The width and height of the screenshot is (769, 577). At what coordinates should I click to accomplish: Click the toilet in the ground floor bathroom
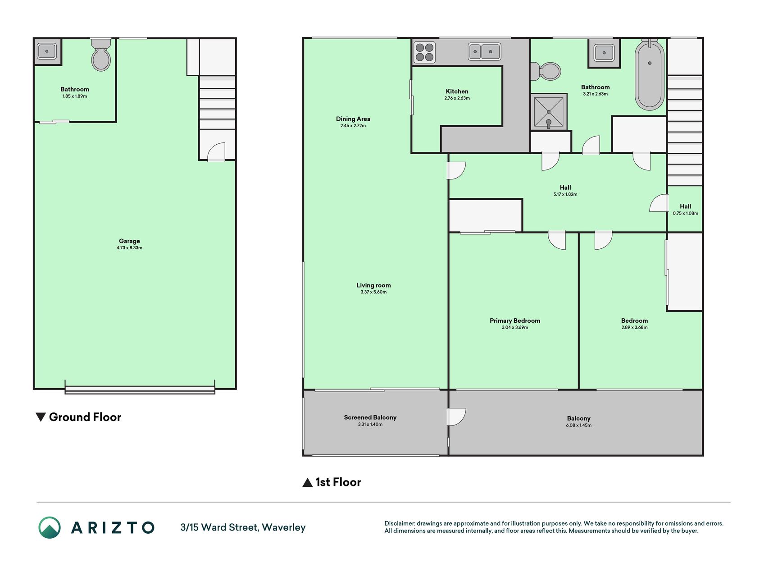(101, 55)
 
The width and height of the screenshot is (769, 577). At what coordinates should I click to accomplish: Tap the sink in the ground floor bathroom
(47, 51)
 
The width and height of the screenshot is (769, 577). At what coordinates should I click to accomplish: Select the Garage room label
(129, 241)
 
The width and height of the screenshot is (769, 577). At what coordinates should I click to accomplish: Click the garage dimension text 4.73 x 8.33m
(129, 248)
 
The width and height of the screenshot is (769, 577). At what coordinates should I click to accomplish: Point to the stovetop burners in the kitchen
(424, 52)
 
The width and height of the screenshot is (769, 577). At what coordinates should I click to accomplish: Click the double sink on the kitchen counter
(484, 51)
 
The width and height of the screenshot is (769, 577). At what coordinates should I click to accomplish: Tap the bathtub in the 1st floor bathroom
(649, 75)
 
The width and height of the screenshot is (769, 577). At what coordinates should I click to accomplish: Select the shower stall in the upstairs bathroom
(548, 112)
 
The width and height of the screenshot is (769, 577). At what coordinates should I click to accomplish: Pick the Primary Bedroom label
(515, 321)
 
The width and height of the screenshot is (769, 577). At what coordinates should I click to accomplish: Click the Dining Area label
(353, 119)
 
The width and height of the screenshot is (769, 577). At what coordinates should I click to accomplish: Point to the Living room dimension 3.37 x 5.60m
(373, 292)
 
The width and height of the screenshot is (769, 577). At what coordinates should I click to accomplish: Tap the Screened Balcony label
(370, 417)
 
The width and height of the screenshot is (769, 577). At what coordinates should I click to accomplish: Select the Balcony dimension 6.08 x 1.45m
(579, 426)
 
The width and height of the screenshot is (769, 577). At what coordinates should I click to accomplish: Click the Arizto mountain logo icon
(50, 527)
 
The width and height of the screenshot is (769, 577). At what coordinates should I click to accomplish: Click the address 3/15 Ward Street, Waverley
(243, 527)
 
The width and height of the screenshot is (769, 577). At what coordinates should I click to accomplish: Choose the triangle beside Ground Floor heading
(41, 417)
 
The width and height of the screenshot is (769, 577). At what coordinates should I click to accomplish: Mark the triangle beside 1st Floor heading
(307, 483)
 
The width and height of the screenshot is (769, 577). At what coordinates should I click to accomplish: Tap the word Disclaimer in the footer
(399, 523)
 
